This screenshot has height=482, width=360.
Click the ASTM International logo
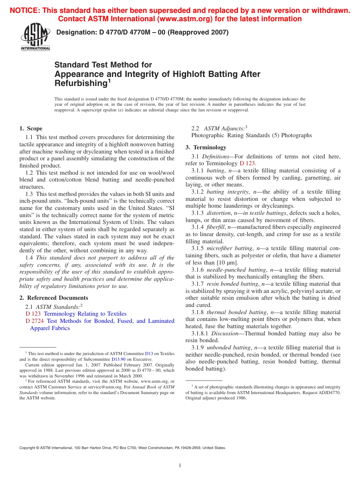pyautogui.click(x=35, y=37)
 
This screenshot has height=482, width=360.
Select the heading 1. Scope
pyautogui.click(x=31, y=128)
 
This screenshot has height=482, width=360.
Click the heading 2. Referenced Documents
pyautogui.click(x=54, y=298)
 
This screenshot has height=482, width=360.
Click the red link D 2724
pyautogui.click(x=33, y=321)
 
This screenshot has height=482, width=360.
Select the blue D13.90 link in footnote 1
pyautogui.click(x=118, y=359)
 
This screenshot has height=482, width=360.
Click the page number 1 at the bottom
pyautogui.click(x=180, y=465)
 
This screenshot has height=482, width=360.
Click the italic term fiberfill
pyautogui.click(x=216, y=227)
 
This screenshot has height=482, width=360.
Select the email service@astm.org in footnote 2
pyautogui.click(x=108, y=387)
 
